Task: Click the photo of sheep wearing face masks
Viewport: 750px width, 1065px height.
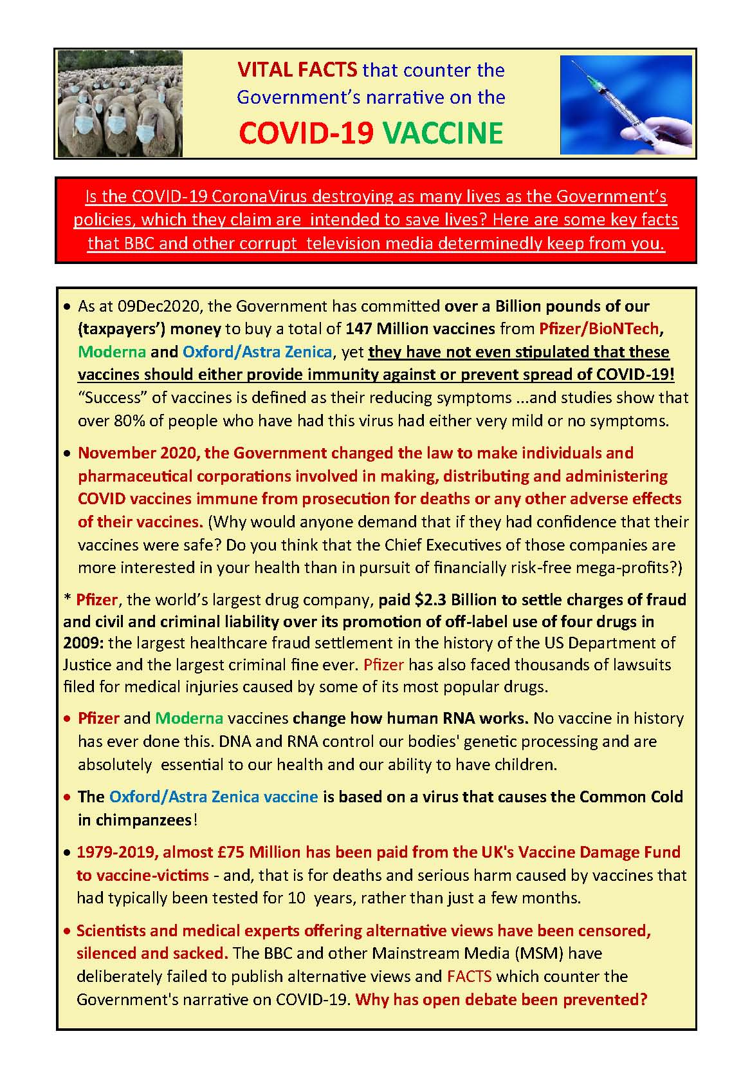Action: (120, 104)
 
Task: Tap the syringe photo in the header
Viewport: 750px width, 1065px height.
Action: (626, 104)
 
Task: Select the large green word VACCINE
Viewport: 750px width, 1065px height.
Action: (443, 133)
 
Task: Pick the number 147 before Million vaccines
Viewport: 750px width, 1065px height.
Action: (359, 329)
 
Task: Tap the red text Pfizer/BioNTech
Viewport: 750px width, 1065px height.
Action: (599, 329)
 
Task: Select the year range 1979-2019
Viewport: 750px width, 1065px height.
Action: (116, 853)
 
